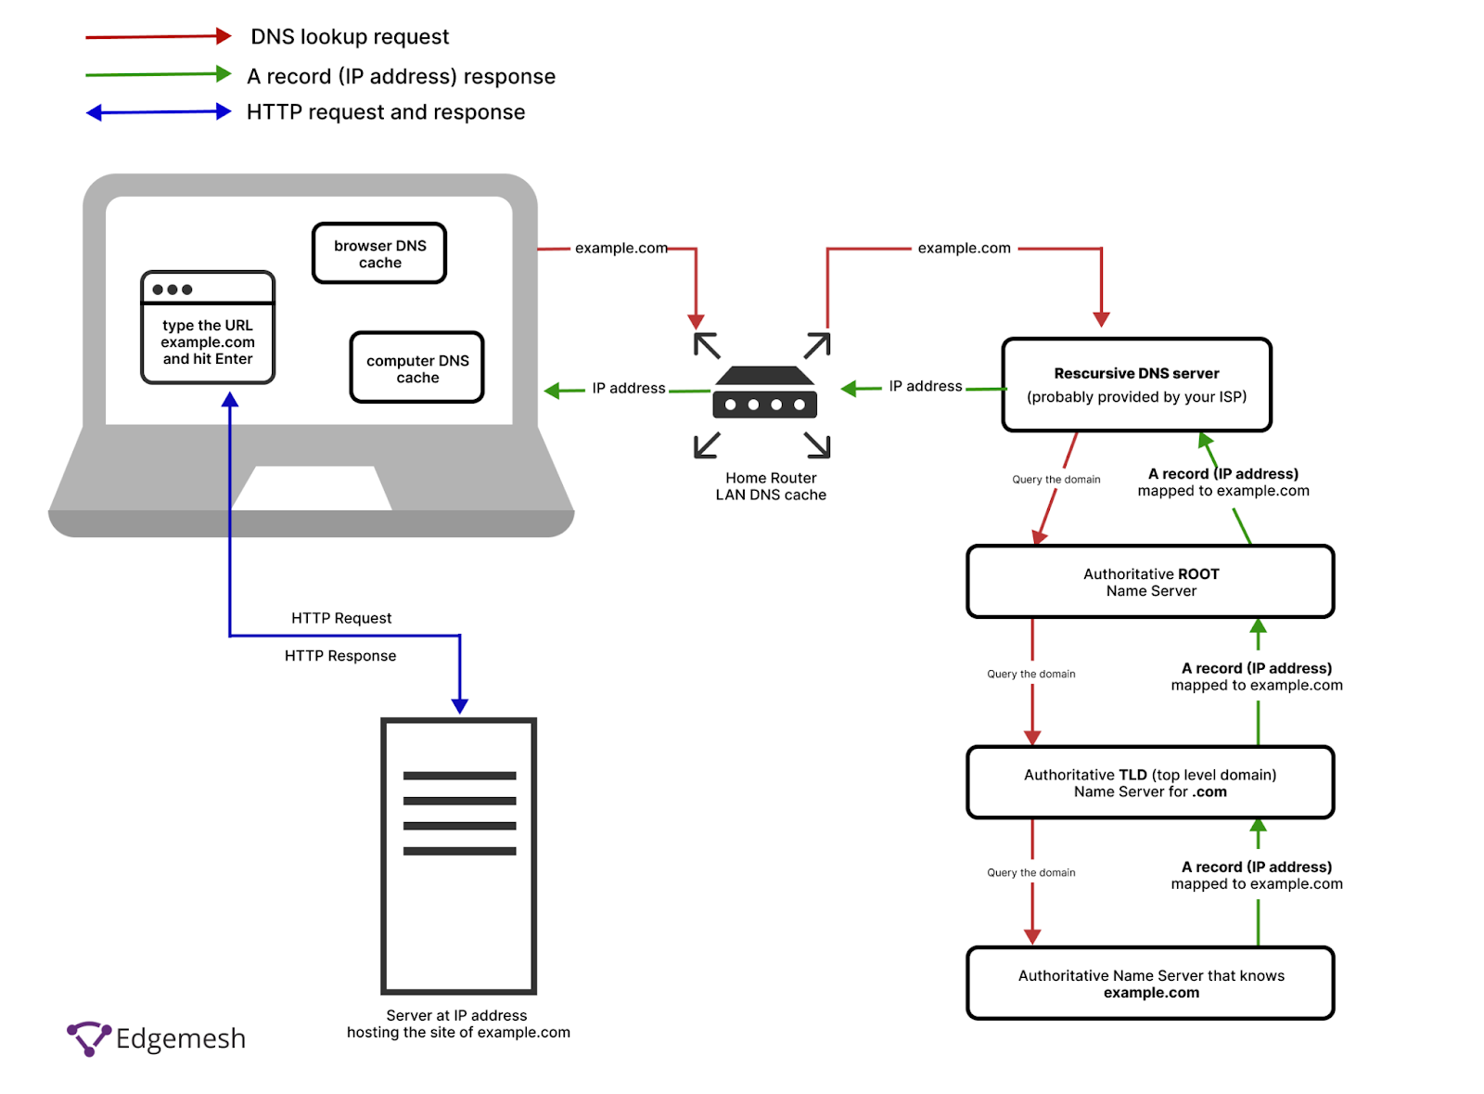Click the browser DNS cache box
click(379, 254)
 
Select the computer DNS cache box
click(417, 368)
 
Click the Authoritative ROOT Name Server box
click(1152, 583)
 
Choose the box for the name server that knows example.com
click(1152, 985)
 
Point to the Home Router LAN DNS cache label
click(772, 487)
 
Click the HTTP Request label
click(342, 619)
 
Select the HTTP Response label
click(340, 657)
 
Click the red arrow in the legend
click(159, 36)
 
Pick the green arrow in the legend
click(159, 74)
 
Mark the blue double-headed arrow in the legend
click(159, 112)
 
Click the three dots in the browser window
click(173, 290)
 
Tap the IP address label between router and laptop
click(630, 389)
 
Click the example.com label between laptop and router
click(621, 249)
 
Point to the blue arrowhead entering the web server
click(460, 707)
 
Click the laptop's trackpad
click(312, 488)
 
